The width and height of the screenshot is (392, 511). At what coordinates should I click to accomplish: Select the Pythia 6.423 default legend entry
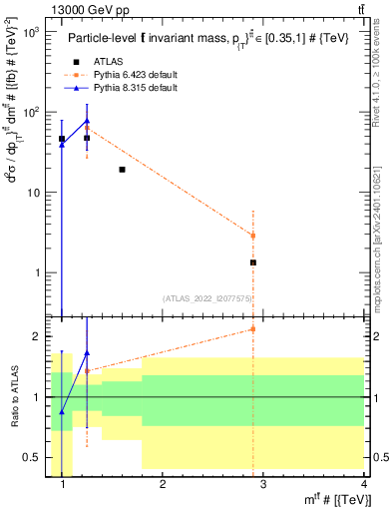pyautogui.click(x=135, y=76)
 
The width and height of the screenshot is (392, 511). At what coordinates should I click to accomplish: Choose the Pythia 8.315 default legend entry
pyautogui.click(x=135, y=89)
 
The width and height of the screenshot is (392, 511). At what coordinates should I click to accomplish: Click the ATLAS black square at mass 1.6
pyautogui.click(x=122, y=170)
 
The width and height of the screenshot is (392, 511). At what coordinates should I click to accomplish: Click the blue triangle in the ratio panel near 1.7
pyautogui.click(x=87, y=352)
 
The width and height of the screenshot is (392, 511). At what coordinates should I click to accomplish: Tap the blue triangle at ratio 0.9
pyautogui.click(x=62, y=411)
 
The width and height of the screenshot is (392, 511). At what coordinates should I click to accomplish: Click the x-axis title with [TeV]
pyautogui.click(x=333, y=500)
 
